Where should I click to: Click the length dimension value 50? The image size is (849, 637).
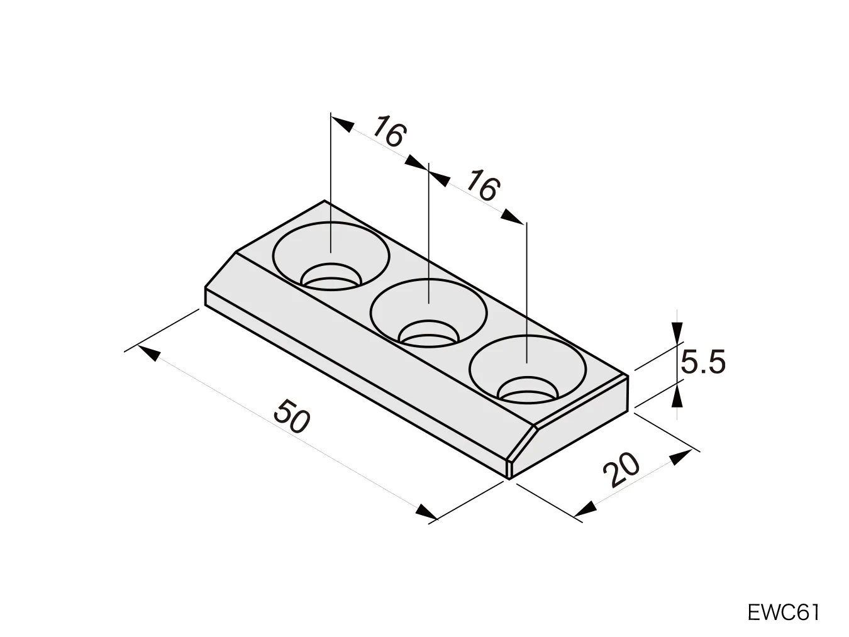[x=292, y=416]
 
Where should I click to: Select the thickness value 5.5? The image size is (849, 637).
[x=703, y=362]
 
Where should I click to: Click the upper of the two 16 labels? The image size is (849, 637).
[x=390, y=132]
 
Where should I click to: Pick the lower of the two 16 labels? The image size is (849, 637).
[x=483, y=186]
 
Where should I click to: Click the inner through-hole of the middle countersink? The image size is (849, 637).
[x=428, y=332]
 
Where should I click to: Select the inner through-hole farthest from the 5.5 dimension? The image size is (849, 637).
[x=331, y=276]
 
